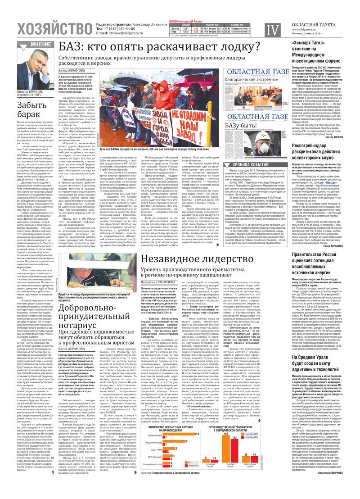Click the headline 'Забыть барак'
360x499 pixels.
click(33, 111)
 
